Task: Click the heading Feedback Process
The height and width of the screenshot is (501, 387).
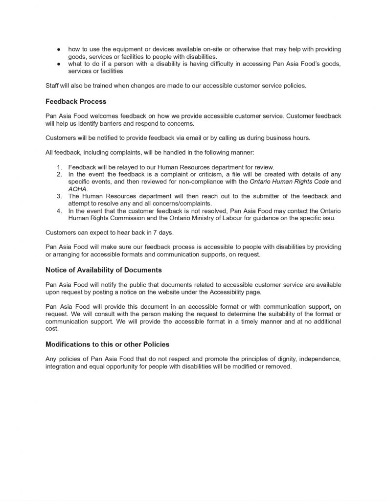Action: [x=76, y=102]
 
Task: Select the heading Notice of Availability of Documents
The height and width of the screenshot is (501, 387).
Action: [x=103, y=270]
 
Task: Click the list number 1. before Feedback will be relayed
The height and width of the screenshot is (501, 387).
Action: [x=59, y=167]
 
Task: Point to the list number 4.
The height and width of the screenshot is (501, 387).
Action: [x=59, y=211]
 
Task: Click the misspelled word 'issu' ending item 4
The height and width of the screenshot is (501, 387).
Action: [x=328, y=218]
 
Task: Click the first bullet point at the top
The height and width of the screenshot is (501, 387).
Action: [x=58, y=50]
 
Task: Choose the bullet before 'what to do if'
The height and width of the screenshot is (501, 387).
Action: [x=58, y=65]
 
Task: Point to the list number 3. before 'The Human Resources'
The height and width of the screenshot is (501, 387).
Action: [x=59, y=196]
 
